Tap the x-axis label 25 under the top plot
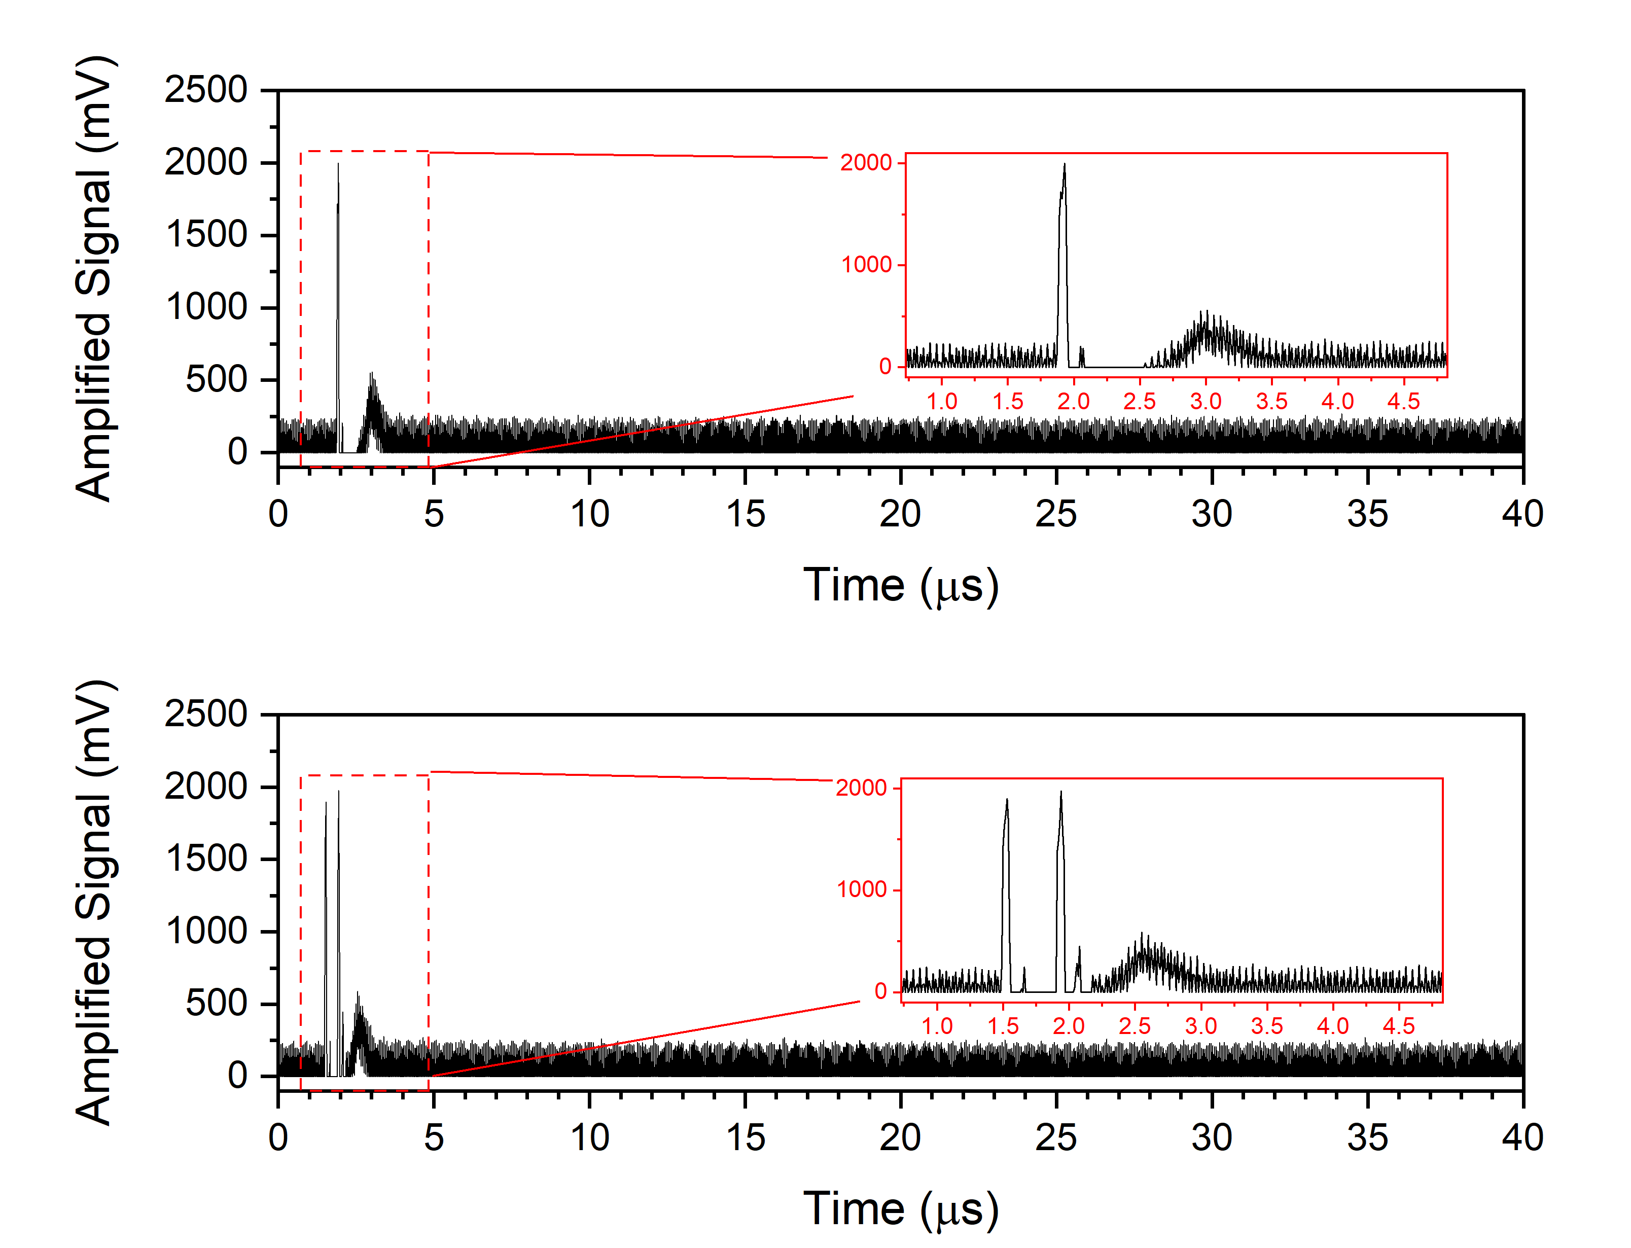1055,514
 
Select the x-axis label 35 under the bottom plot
1367,1138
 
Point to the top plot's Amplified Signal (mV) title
94,278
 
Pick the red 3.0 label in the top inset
1205,402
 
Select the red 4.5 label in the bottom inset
1399,1026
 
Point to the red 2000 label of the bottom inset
862,788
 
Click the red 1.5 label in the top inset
1008,402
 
